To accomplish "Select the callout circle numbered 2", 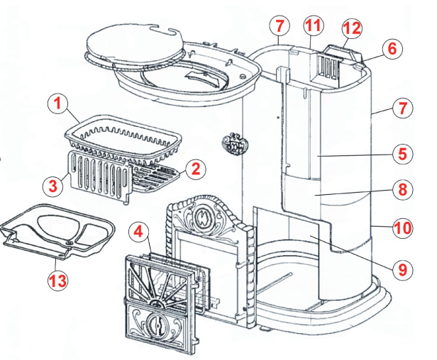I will point(196,169).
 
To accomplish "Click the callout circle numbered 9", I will point(402,269).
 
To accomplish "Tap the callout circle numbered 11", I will point(313,26).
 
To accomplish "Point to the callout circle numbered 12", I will point(352,28).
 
